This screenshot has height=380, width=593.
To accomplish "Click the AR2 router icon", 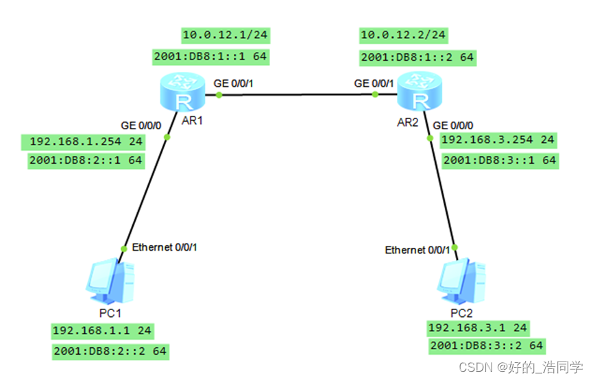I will (x=420, y=93).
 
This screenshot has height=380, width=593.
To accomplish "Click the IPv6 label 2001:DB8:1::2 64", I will (x=417, y=58).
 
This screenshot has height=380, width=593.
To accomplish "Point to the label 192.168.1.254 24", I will (x=86, y=142).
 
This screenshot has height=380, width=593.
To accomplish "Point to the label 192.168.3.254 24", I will (x=497, y=140).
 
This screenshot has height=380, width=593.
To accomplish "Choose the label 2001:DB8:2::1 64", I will (x=86, y=160).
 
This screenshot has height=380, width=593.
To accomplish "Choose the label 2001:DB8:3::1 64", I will (x=500, y=160).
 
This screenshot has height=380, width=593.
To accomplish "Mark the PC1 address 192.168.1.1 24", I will (x=102, y=330).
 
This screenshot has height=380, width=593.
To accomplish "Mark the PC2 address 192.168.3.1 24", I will (x=477, y=327).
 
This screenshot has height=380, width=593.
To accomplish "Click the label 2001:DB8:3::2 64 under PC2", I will (x=487, y=346).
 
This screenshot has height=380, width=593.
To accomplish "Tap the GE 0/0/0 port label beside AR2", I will (x=453, y=125).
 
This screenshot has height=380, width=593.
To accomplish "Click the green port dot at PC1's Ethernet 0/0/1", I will (x=124, y=249).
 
